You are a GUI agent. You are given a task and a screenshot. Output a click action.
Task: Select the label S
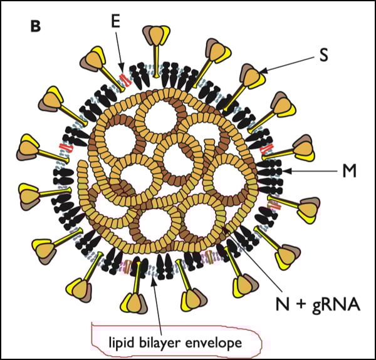[324, 54]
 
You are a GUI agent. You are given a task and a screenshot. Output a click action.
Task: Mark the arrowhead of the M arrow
[283, 170]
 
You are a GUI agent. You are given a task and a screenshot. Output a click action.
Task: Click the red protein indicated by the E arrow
[123, 79]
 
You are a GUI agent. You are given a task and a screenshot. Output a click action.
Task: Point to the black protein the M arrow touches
[272, 170]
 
